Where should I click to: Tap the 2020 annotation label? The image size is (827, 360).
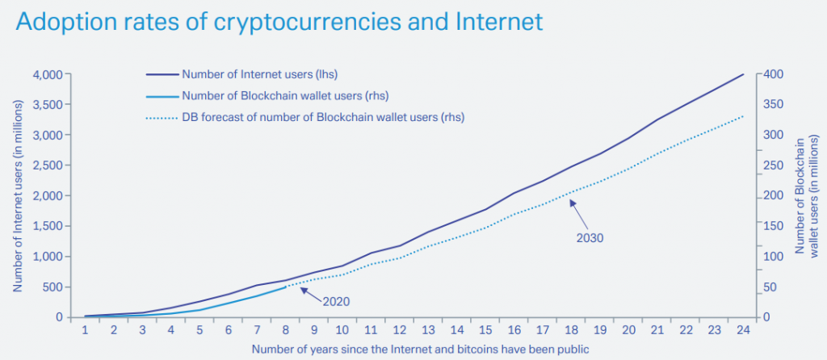coord(336,302)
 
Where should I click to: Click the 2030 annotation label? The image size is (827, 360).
coord(590,238)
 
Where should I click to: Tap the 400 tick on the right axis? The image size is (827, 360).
coord(774,74)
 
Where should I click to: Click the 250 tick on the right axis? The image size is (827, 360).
coord(774,165)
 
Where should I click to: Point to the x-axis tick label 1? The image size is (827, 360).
coord(84,329)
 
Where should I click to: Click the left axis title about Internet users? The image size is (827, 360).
coord(17,195)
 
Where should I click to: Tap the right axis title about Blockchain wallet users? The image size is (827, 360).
coord(807,195)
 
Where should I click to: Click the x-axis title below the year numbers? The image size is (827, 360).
coord(413,350)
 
